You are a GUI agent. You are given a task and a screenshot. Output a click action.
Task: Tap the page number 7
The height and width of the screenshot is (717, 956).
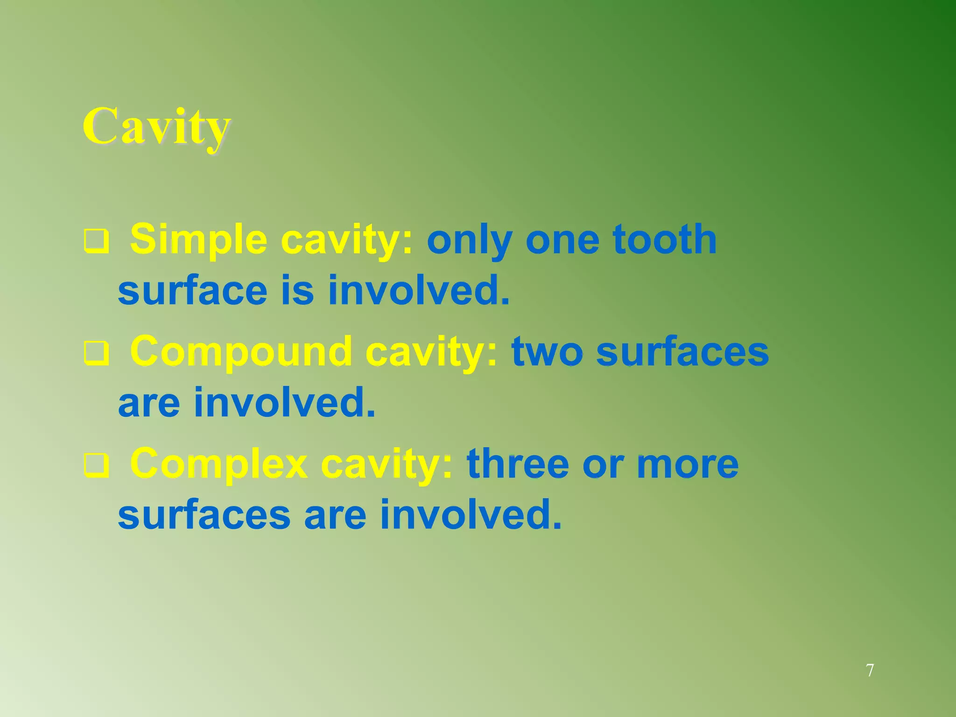pos(870,670)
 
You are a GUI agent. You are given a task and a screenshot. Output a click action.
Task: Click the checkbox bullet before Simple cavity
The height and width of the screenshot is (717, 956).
pos(97,241)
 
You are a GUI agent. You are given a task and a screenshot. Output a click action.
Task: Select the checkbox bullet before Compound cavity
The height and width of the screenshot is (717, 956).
pos(97,354)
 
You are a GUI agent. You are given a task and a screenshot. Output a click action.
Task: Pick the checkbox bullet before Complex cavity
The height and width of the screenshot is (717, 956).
pos(97,466)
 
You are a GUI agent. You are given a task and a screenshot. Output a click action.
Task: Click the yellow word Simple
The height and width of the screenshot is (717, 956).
pos(198,239)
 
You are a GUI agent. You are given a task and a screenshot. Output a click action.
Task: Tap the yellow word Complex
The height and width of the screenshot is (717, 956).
pos(218,464)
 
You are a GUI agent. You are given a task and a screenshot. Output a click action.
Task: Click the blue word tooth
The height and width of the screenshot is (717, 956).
pos(665,239)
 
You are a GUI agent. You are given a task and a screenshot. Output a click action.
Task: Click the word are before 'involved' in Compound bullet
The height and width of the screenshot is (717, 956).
pos(149,402)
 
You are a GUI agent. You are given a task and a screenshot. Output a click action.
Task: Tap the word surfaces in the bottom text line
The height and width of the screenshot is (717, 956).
pos(204,515)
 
